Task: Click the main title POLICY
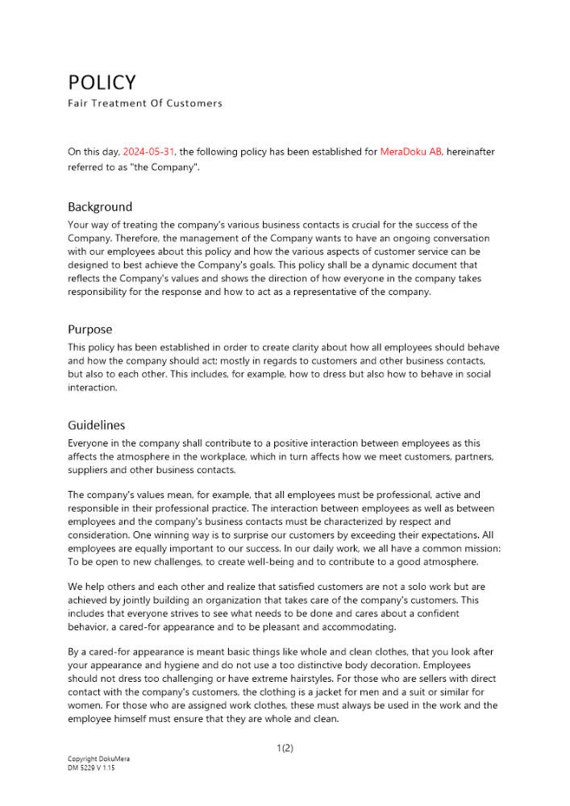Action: coord(102,83)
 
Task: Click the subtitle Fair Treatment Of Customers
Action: coord(145,103)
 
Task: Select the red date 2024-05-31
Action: coord(149,152)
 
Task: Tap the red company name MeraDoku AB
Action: coord(410,152)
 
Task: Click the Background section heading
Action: coord(100,207)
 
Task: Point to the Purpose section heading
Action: coord(90,330)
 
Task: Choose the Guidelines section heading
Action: coord(97,425)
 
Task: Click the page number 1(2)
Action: coord(285,748)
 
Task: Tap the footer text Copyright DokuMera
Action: coord(98,758)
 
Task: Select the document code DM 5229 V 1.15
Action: coord(91,768)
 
